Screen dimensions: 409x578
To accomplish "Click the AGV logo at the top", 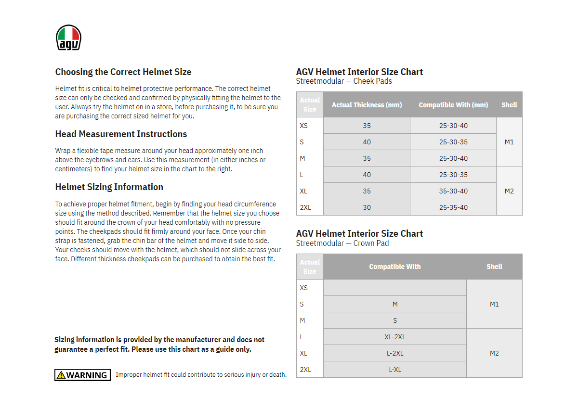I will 68,38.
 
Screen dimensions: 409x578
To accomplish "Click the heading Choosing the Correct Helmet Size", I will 123,72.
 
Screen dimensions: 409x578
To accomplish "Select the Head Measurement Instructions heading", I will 121,134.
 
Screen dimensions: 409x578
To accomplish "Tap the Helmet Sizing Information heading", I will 109,187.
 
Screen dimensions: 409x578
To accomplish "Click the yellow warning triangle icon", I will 61,375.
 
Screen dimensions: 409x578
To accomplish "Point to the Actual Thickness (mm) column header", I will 367,105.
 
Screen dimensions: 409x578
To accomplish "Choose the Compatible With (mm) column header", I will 453,105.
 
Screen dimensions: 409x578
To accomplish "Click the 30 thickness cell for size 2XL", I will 367,207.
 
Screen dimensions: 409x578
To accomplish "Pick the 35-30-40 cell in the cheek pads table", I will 453,191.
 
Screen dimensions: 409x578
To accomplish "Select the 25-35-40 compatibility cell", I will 453,207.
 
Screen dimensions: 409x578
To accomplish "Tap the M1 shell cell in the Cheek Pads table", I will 509,142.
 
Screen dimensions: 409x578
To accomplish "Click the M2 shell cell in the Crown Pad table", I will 494,353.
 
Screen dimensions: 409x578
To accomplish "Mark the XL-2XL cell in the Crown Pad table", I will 395,337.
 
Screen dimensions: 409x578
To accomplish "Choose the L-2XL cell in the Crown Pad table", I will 395,353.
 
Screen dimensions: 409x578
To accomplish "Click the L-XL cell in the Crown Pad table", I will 395,370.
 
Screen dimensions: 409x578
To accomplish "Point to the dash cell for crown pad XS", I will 395,288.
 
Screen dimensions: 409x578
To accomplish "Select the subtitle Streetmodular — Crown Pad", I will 342,243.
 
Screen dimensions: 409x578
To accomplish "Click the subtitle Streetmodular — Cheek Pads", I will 344,81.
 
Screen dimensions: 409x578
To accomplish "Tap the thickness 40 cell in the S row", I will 367,142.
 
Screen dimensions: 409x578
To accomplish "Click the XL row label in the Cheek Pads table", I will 303,191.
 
